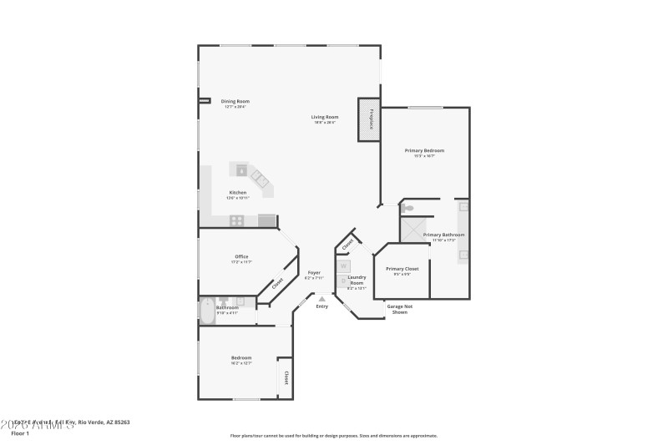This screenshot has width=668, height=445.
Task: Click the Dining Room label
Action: [x=235, y=101]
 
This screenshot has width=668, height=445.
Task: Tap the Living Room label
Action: [x=325, y=117]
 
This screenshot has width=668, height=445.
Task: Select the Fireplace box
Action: [x=369, y=119]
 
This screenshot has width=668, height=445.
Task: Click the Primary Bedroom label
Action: [x=424, y=150]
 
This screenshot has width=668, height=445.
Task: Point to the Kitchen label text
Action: [x=238, y=192]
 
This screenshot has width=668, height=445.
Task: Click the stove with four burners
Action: [x=237, y=220]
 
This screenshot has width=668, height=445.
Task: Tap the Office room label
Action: [x=241, y=256]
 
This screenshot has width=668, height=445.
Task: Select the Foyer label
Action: [x=314, y=272]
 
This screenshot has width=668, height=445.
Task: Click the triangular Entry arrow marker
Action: [x=321, y=298]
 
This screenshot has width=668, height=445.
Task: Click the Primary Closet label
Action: [x=402, y=269]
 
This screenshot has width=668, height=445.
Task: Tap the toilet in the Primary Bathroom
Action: [x=407, y=209]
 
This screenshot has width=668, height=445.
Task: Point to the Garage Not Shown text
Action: [x=400, y=309]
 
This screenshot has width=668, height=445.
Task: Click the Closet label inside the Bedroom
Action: [x=286, y=377]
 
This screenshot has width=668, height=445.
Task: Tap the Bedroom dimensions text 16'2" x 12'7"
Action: [x=241, y=363]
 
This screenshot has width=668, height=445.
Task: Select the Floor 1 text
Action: [x=20, y=434]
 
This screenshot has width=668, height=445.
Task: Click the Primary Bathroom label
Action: [x=443, y=235]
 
